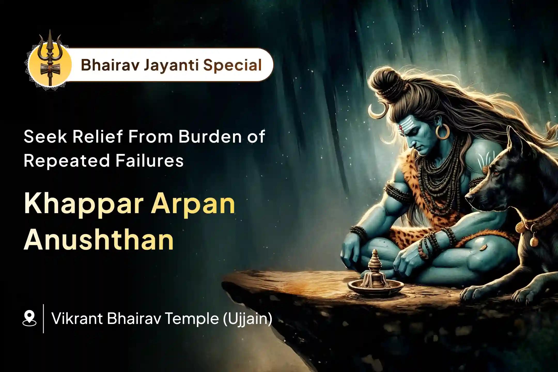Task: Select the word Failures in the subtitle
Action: pos(149,161)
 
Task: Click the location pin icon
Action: pos(30,319)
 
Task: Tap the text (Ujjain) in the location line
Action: pos(247,319)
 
